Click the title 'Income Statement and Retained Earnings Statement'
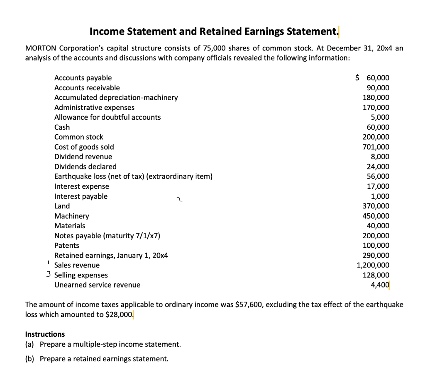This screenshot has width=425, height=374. coord(214,31)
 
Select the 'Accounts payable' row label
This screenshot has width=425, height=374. coord(83,78)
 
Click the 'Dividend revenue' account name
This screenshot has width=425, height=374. coord(83,157)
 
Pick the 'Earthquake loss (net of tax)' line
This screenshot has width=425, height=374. coord(133,176)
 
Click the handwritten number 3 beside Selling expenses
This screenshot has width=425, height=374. coord(49,275)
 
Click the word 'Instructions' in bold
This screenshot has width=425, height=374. coord(45,334)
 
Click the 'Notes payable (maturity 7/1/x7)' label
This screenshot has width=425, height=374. coord(107,236)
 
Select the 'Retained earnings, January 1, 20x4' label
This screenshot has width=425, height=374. coord(111,256)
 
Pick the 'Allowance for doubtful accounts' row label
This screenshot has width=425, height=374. coord(107,117)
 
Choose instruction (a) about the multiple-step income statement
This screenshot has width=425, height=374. coord(103,344)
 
